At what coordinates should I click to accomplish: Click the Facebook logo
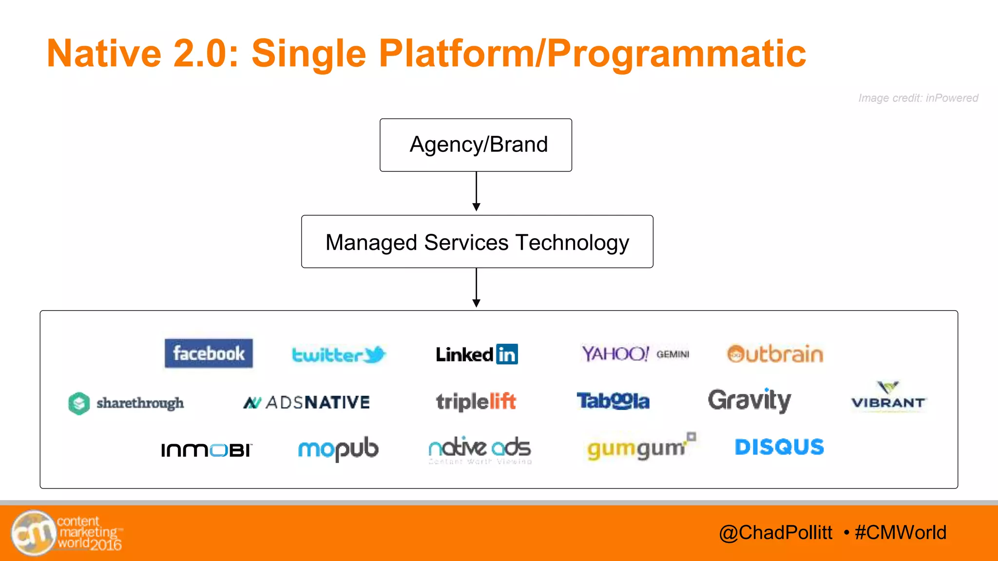pos(209,353)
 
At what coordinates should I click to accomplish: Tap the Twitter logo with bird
pos(338,355)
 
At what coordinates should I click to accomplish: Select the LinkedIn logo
pos(477,354)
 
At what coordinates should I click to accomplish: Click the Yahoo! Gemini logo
pos(635,354)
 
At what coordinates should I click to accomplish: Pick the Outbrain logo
pos(775,354)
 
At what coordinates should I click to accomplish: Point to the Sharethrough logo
pos(126,403)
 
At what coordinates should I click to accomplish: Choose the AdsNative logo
pos(307,402)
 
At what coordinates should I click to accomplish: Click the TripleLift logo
pos(476,402)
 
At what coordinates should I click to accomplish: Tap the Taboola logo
pos(613,401)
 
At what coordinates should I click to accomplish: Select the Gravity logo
pos(749,400)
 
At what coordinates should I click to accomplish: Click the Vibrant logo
pos(888,397)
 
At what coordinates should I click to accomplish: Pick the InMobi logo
pos(206,449)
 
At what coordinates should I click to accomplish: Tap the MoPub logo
pos(338,449)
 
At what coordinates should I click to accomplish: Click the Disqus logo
pos(779,447)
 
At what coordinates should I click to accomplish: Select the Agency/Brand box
pos(476,145)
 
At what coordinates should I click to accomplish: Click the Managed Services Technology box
pos(477,242)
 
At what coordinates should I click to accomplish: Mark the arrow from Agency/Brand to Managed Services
pos(477,191)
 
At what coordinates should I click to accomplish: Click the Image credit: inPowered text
pos(918,98)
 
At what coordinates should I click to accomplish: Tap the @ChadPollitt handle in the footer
pos(775,532)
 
